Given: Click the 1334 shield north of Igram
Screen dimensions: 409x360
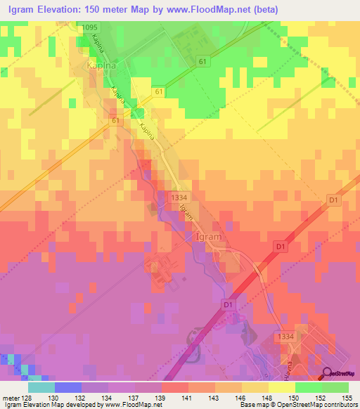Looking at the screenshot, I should tap(178, 199).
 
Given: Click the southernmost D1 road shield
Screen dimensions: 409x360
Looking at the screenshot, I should tap(227, 305).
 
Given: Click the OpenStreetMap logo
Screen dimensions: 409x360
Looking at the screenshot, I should tap(340, 373).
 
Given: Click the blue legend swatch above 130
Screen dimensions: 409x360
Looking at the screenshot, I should tap(68, 387).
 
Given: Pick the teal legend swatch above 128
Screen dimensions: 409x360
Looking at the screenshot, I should tap(41, 387).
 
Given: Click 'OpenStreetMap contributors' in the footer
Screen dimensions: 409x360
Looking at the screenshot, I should tap(320, 405).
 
